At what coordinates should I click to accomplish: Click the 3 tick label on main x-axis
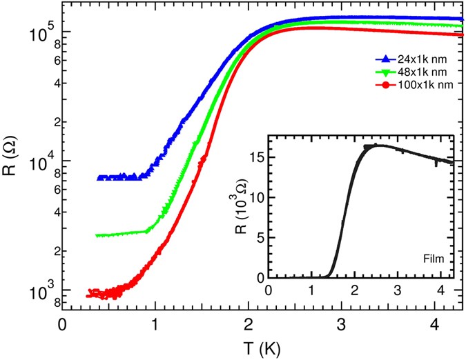340,322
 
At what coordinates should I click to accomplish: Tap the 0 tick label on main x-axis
63,322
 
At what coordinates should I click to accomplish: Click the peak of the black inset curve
378,146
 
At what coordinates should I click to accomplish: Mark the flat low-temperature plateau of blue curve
121,177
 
